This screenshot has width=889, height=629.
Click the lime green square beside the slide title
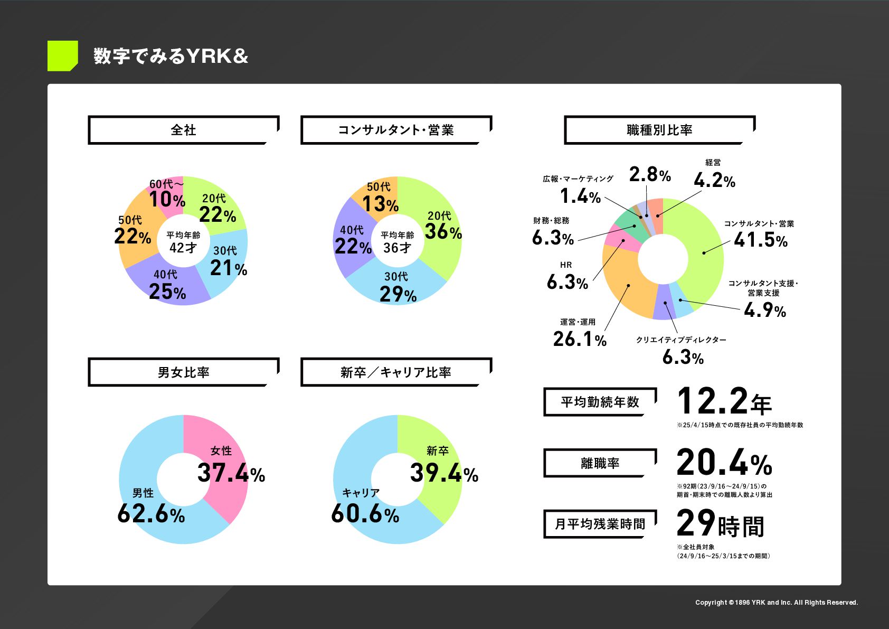62,55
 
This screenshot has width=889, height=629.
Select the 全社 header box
183,130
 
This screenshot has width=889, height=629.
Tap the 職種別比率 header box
659,130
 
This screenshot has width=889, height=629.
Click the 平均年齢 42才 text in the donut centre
183,242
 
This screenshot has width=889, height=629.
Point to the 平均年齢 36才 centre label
397,242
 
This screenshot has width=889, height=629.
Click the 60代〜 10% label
167,194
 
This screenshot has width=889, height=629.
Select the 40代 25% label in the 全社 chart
167,286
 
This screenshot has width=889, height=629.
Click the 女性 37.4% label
231,466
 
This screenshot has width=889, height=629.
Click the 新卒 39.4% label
443,466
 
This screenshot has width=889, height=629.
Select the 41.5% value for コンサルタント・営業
760,240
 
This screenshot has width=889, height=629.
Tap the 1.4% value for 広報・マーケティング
580,196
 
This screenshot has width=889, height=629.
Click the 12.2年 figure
724,401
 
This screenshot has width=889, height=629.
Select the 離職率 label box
600,463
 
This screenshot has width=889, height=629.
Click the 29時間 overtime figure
720,524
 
